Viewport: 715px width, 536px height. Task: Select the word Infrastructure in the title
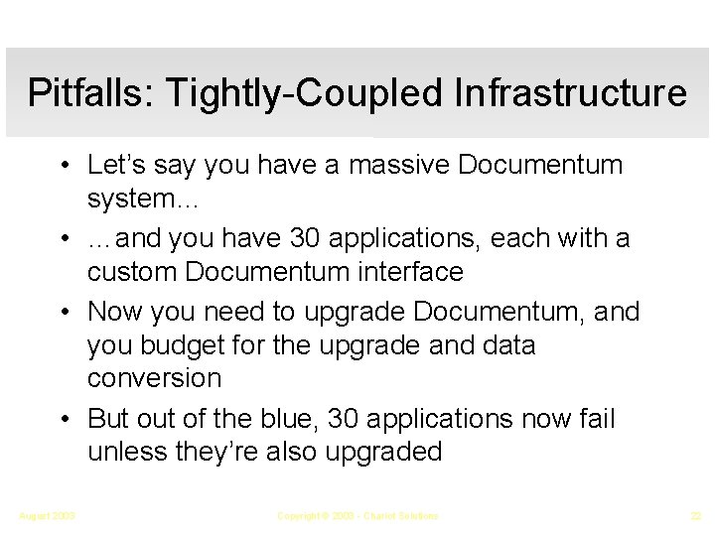click(570, 93)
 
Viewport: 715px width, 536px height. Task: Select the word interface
click(410, 271)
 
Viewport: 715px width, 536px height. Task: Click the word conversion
click(153, 378)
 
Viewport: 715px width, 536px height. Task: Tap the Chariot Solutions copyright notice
click(357, 516)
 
